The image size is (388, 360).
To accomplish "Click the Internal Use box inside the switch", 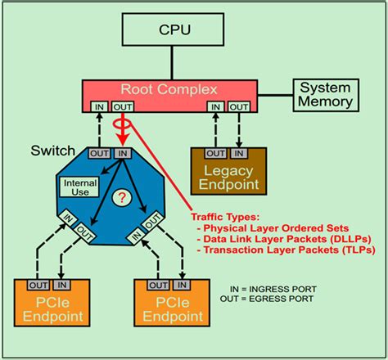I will point(79,187).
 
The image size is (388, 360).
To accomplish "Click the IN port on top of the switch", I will point(123,153).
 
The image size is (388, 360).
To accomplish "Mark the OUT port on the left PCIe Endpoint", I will point(37,285).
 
